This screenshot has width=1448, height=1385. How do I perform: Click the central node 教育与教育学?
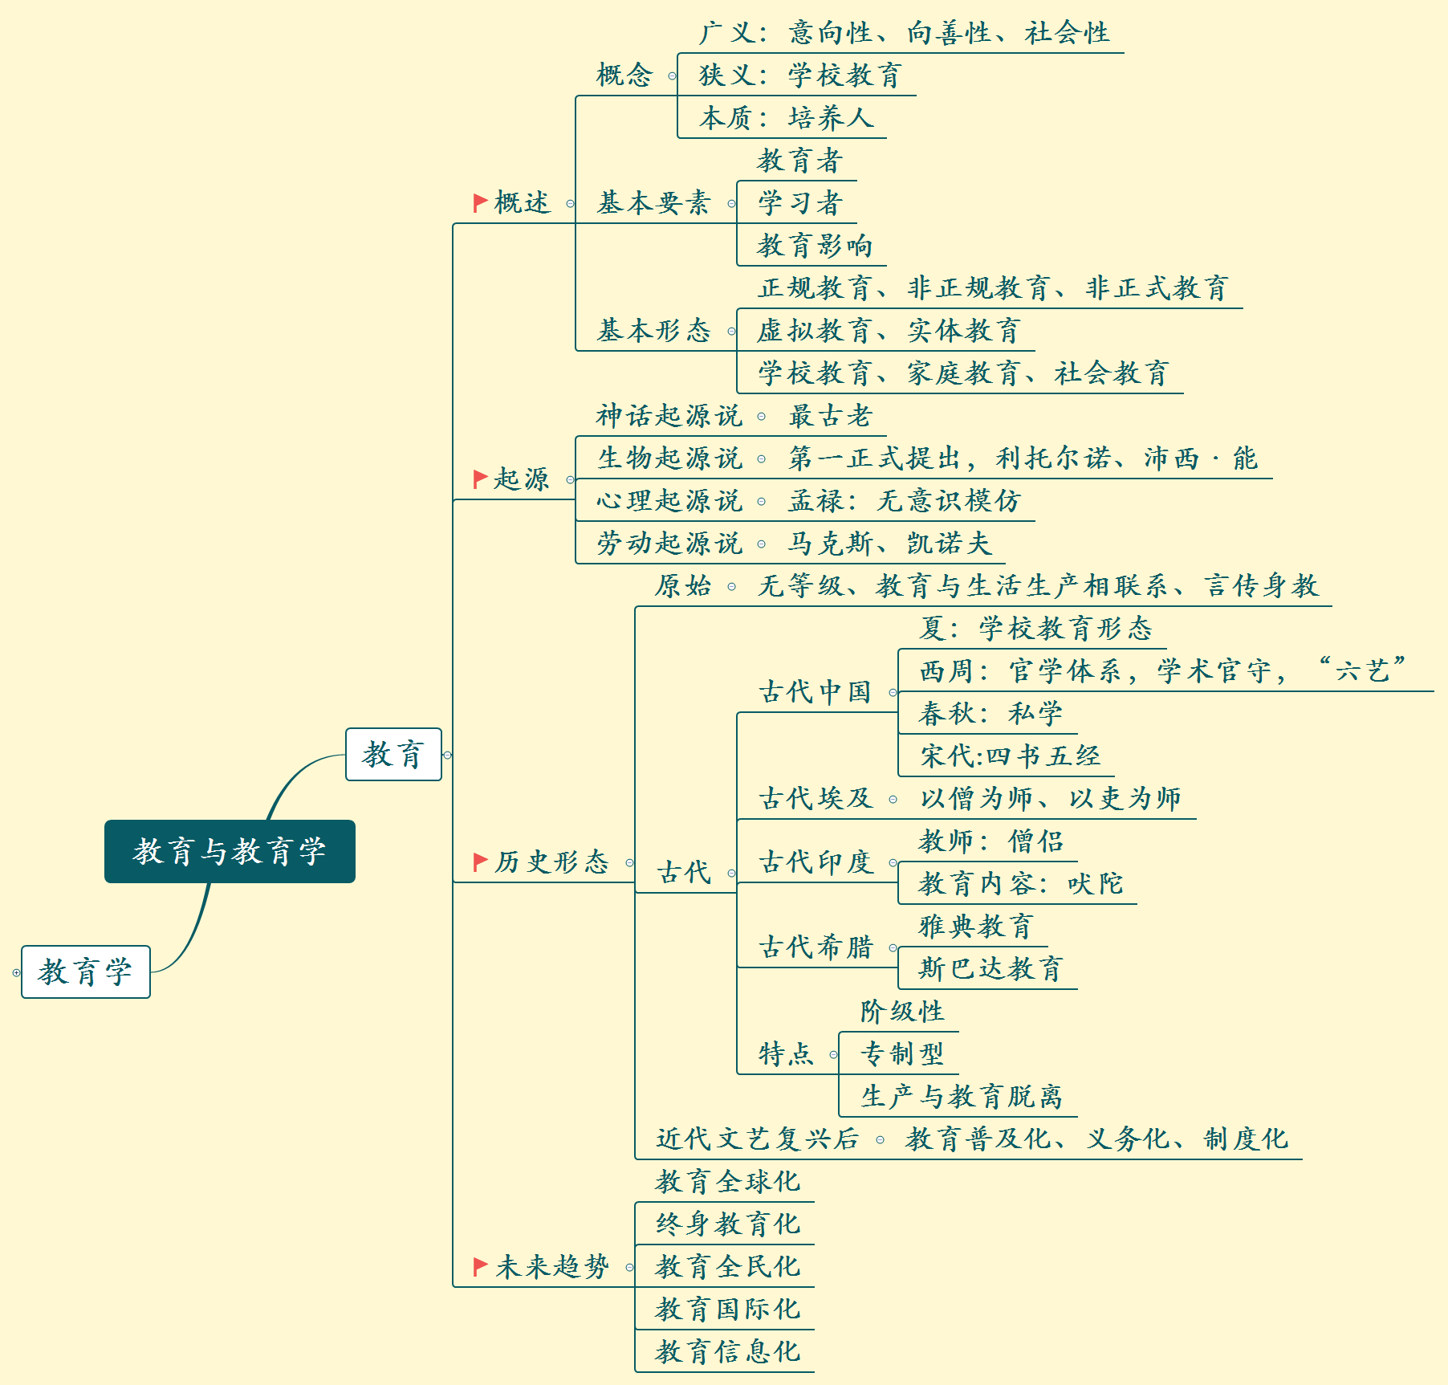pos(230,851)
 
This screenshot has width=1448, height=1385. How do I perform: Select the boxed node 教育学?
pos(86,972)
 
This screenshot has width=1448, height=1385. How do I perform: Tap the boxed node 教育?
pos(393,754)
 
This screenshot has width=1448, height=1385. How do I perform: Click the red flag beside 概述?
pos(480,202)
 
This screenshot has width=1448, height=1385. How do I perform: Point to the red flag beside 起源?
pos(480,479)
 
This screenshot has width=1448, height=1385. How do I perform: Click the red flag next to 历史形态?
pos(480,862)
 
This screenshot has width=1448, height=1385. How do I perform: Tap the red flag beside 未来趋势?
pos(480,1267)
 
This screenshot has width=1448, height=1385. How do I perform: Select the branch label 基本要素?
pos(653,203)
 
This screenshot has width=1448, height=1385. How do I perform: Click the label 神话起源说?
pos(669,416)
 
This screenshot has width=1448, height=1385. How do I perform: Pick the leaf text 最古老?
pos(829,416)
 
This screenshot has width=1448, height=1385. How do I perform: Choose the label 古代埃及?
pos(816,798)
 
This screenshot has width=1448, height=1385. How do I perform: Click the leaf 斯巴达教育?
pos(990,968)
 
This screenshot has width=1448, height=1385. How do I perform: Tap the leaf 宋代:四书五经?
pos(1010,756)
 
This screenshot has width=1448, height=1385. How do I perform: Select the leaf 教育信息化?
pos(727,1351)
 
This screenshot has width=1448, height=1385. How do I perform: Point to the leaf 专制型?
pos(902,1053)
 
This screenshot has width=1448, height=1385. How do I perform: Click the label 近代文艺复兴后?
pos(757,1139)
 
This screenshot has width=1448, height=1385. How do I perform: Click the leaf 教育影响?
pos(814,246)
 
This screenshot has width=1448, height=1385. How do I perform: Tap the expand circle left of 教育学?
pos(16,972)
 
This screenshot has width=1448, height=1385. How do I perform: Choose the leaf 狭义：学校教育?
pos(799,75)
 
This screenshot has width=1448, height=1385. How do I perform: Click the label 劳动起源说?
pos(669,544)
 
